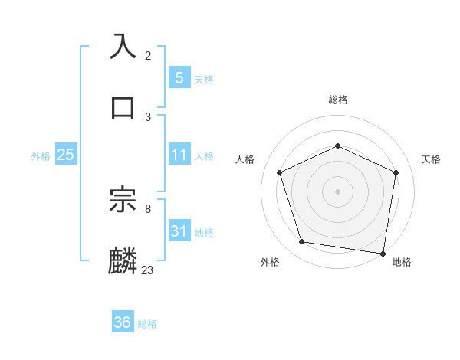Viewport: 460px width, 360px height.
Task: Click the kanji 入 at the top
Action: coord(123,45)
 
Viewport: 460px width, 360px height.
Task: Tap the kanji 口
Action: coord(123,107)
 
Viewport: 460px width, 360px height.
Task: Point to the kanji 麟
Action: coord(123,261)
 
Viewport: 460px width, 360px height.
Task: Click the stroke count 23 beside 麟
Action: coord(147,270)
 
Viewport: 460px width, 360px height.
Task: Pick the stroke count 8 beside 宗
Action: coord(148,208)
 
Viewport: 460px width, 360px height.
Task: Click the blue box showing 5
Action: coord(179,77)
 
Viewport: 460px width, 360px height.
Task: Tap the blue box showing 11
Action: coord(179,155)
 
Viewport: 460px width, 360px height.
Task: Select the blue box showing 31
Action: coord(179,231)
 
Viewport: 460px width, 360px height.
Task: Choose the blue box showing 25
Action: coord(65,155)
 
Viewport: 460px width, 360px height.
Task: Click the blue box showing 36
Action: coord(123,322)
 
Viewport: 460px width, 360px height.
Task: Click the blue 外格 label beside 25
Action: coord(41,155)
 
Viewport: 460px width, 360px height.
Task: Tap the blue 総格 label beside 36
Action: coord(147,324)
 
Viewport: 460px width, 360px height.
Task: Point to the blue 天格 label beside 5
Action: coord(204,80)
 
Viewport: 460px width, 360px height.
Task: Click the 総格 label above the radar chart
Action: coord(337,100)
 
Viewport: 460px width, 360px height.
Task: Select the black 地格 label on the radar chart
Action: coord(402,262)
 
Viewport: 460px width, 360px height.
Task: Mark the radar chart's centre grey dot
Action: coord(337,191)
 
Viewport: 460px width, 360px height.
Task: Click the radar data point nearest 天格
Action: coord(396,172)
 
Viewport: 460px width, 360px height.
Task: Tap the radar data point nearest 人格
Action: coord(279,172)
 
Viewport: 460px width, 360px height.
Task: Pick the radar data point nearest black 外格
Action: coord(302,242)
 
